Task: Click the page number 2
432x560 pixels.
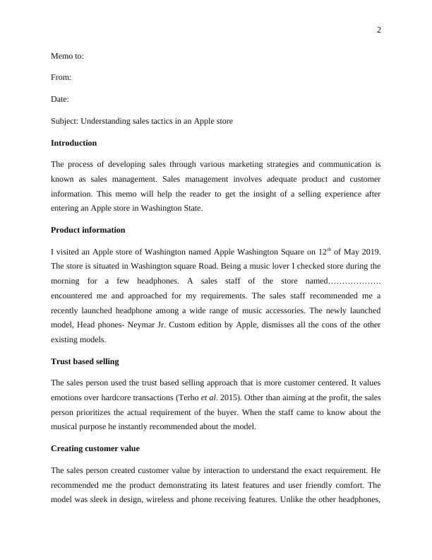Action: click(378, 30)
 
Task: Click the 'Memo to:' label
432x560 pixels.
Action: click(68, 55)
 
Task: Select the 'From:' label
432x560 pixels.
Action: click(61, 77)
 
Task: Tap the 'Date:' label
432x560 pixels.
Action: click(60, 99)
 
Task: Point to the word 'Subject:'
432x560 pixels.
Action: click(66, 121)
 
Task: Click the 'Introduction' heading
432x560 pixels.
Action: click(74, 143)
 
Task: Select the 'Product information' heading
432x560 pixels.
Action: click(88, 230)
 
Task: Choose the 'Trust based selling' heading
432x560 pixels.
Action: click(85, 361)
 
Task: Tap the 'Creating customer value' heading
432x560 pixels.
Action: click(95, 448)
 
